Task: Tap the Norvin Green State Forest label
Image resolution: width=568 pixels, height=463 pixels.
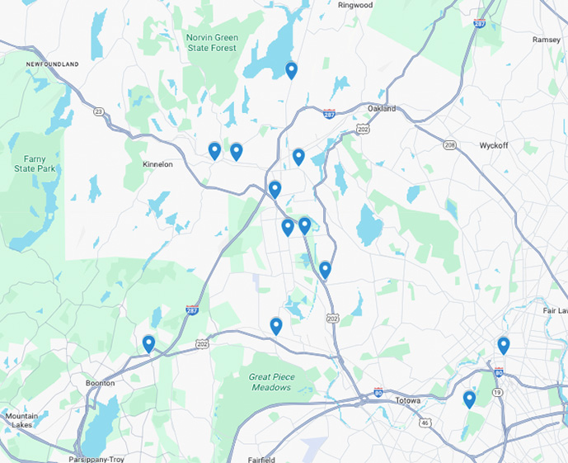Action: pos(212,42)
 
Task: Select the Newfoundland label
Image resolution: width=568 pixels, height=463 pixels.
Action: pos(52,64)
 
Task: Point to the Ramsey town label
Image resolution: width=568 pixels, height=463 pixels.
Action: pos(547,40)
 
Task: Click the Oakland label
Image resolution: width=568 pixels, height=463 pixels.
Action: pos(382,108)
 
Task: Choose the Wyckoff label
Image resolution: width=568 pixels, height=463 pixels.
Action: pos(496,145)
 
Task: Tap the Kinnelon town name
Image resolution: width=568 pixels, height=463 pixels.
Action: pos(157,164)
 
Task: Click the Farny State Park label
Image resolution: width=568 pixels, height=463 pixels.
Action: pos(33,163)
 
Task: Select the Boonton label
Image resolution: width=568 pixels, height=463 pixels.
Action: pos(100,383)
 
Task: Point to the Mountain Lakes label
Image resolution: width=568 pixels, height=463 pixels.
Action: pos(21,420)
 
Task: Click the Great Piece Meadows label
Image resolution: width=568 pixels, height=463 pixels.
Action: pos(270,381)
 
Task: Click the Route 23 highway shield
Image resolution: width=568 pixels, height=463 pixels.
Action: pos(99,111)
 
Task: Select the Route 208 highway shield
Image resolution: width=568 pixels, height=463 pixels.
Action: pos(449,144)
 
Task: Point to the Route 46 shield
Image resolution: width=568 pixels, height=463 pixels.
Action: pos(425,422)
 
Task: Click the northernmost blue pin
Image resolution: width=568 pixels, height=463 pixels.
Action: pos(291,70)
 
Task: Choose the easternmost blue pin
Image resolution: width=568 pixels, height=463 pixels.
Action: pos(504,345)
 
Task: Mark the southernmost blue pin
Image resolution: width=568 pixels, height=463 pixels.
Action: pos(469,399)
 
